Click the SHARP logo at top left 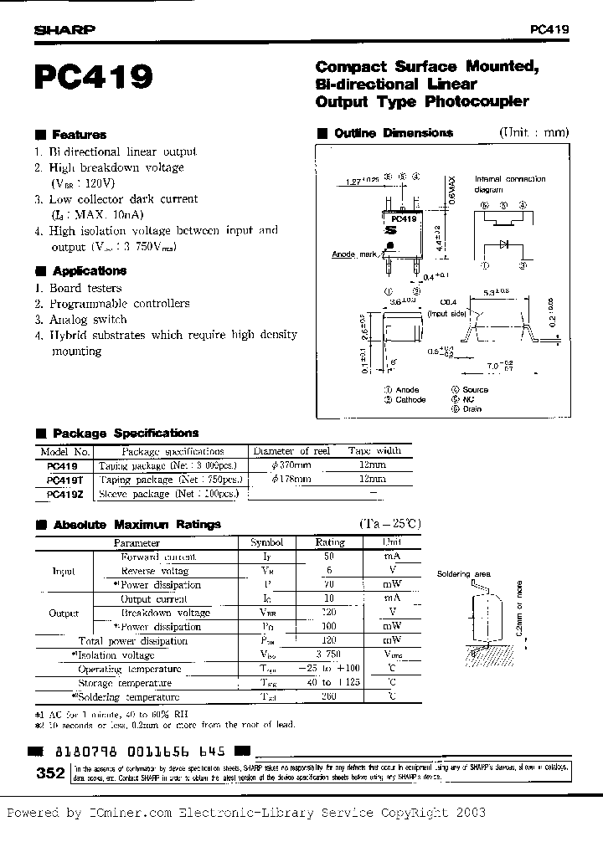[x=64, y=28]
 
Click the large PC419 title [x=94, y=78]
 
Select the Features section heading [x=79, y=134]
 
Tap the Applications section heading [x=89, y=271]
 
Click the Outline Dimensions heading [x=393, y=133]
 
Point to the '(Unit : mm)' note [x=533, y=132]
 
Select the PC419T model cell [x=64, y=480]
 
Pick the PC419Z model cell [x=64, y=494]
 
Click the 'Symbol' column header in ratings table [x=267, y=542]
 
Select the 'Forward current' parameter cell [x=159, y=557]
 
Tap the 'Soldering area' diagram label [x=464, y=575]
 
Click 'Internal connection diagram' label [x=510, y=184]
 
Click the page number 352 [x=51, y=774]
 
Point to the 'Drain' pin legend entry [x=472, y=409]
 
